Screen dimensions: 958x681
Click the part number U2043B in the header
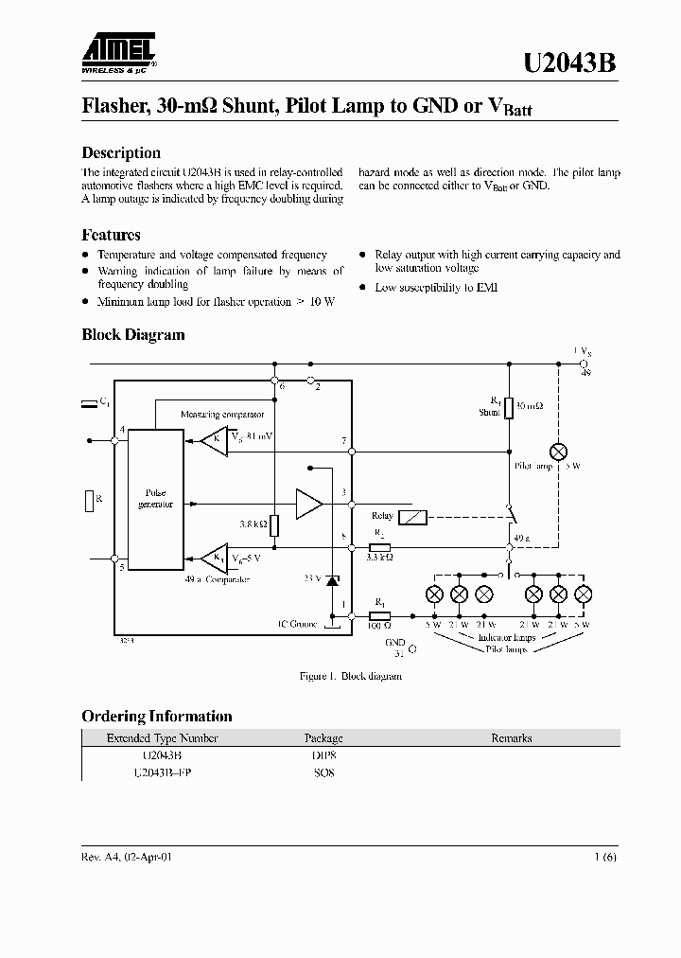570,62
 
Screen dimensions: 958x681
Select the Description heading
121,152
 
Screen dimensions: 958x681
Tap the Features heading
111,235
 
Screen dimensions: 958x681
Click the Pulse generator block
156,499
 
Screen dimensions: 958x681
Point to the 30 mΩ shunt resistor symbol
509,408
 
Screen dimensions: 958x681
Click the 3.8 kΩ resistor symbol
273,524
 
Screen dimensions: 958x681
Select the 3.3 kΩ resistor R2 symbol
380,548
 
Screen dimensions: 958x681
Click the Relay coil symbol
413,517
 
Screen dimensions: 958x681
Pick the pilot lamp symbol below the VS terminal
558,452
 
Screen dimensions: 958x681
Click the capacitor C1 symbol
89,404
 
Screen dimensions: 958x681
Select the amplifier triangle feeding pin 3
308,504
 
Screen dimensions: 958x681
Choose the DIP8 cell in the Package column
323,755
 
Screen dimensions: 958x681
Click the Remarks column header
511,738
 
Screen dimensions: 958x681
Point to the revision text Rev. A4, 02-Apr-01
127,856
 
